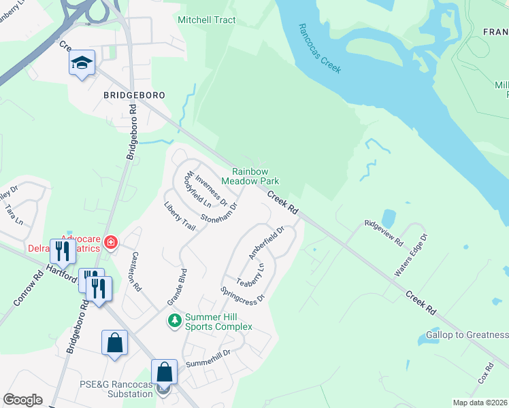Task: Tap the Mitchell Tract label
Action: click(206, 20)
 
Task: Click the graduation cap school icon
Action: click(82, 64)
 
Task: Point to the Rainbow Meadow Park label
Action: click(255, 177)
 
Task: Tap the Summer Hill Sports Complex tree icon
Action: click(175, 320)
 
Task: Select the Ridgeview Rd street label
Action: click(384, 232)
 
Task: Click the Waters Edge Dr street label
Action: click(411, 256)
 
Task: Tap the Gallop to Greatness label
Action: click(467, 335)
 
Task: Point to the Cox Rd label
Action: click(485, 374)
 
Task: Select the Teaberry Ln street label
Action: click(250, 273)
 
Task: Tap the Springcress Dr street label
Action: click(242, 294)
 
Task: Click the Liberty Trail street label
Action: click(180, 216)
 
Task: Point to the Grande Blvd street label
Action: click(177, 286)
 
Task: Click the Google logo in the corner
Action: click(22, 400)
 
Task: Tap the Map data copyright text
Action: click(480, 403)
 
